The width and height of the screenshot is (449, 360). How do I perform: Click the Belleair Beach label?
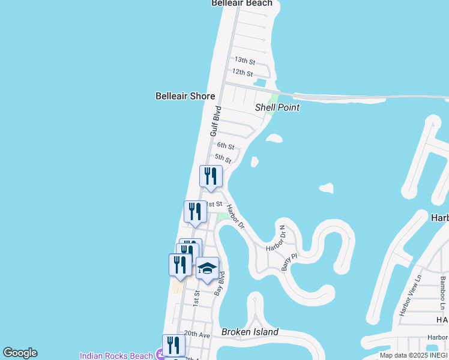click(x=242, y=4)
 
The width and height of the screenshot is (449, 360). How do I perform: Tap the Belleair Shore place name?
click(x=185, y=96)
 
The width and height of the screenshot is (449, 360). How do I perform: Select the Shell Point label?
click(x=277, y=107)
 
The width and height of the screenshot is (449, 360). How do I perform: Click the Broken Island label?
click(x=250, y=332)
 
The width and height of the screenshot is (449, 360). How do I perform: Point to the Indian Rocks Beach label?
click(x=116, y=356)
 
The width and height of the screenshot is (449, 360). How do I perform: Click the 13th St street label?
click(x=244, y=61)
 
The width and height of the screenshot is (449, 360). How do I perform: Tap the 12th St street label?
click(x=243, y=73)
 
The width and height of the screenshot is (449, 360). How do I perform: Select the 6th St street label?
click(x=225, y=146)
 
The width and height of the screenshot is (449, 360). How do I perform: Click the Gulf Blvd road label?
click(x=216, y=121)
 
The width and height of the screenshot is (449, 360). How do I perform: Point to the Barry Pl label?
click(x=289, y=262)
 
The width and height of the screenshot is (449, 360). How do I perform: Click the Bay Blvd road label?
click(x=220, y=283)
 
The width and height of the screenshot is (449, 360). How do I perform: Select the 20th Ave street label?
click(x=197, y=334)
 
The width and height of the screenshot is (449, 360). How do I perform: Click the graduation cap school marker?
click(x=208, y=269)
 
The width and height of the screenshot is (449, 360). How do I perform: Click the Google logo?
click(x=20, y=353)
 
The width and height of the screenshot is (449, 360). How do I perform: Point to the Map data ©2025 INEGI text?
click(x=414, y=355)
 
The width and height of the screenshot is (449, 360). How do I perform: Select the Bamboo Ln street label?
click(x=443, y=289)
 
